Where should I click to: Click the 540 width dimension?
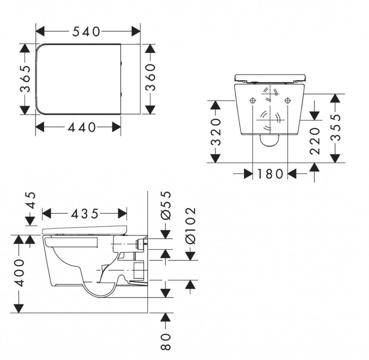[x=86, y=31]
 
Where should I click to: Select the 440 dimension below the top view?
[x=82, y=127]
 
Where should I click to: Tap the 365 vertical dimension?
[x=25, y=79]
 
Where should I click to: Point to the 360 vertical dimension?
[x=150, y=77]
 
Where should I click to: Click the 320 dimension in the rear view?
[x=215, y=132]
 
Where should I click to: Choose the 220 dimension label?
[x=315, y=141]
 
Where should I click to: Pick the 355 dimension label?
[x=335, y=127]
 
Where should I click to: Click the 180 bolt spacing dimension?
[x=270, y=174]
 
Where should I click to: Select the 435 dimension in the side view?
[x=85, y=214]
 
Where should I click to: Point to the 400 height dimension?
[x=19, y=273]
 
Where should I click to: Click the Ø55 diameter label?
[x=166, y=205]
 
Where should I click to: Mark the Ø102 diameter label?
[x=191, y=226]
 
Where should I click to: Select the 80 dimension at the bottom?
[x=166, y=341]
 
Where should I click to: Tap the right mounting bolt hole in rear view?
[x=288, y=101]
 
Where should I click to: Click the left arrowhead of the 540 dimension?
[x=40, y=31]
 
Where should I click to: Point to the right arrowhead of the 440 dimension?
[x=116, y=127]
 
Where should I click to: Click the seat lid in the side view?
[x=84, y=230]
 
